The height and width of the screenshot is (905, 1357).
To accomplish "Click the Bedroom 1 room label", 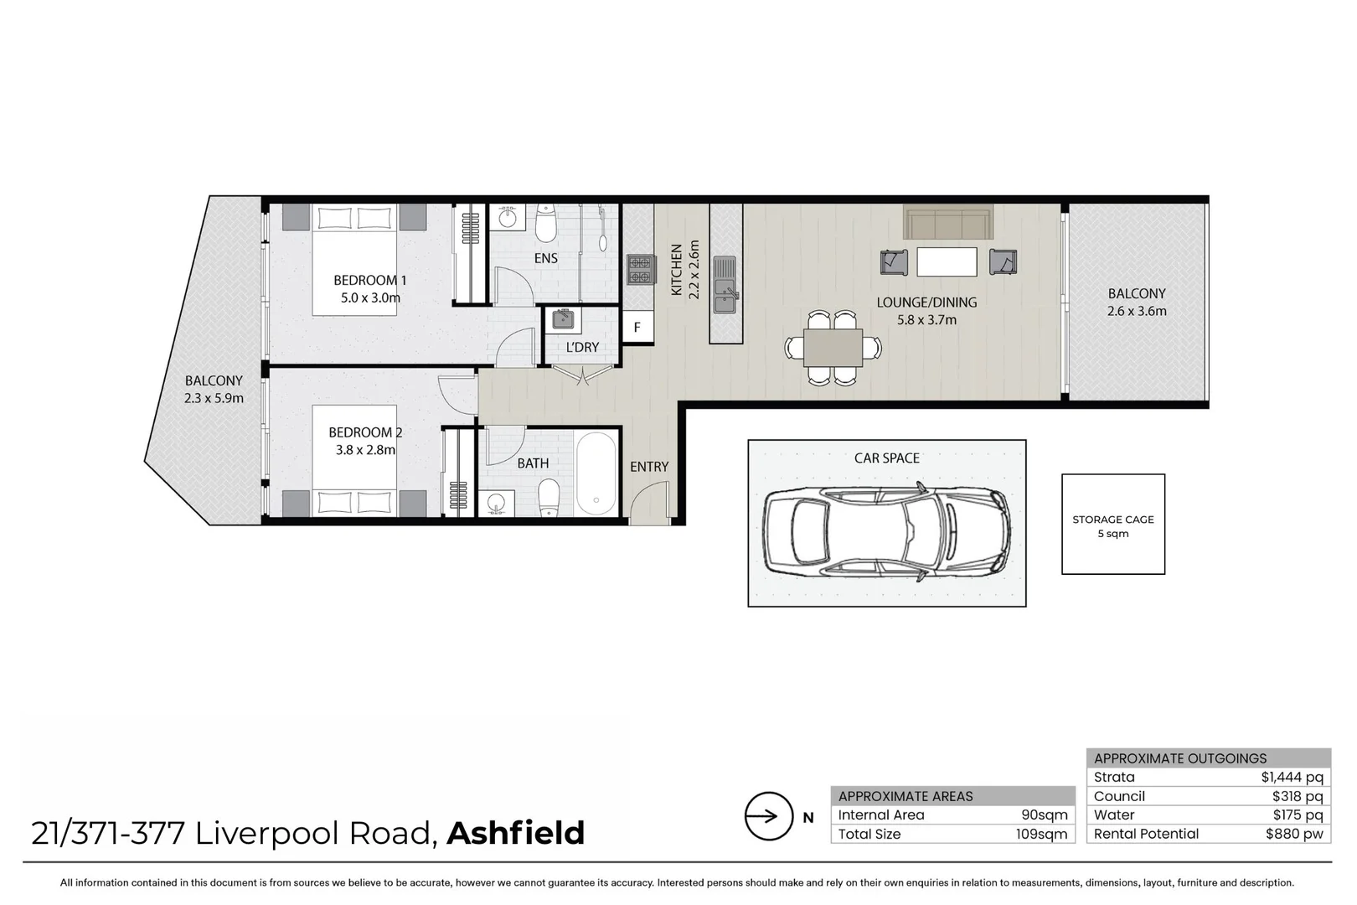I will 369,280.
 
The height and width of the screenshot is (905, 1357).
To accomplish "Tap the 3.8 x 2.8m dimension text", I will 365,450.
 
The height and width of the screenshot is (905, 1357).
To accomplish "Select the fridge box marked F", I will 637,327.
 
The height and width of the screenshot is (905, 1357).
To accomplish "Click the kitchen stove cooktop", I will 640,269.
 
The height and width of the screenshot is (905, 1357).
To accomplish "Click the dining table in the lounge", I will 833,348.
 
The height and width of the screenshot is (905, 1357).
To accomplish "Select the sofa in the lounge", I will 947,224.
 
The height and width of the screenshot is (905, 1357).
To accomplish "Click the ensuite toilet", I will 545,222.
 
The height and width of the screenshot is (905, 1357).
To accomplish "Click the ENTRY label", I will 649,467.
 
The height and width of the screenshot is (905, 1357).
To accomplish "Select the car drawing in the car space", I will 886,531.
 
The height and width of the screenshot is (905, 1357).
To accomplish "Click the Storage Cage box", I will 1112,525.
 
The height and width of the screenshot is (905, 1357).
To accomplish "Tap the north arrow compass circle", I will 768,816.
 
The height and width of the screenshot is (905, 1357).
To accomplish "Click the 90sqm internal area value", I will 1044,815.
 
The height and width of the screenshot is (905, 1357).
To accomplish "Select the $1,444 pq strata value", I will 1292,778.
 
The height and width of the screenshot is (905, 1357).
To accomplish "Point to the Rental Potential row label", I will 1145,834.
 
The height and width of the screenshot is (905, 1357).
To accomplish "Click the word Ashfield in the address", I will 515,834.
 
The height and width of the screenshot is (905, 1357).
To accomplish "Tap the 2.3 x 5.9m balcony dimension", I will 214,398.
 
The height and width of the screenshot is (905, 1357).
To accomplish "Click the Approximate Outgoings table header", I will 1180,758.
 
